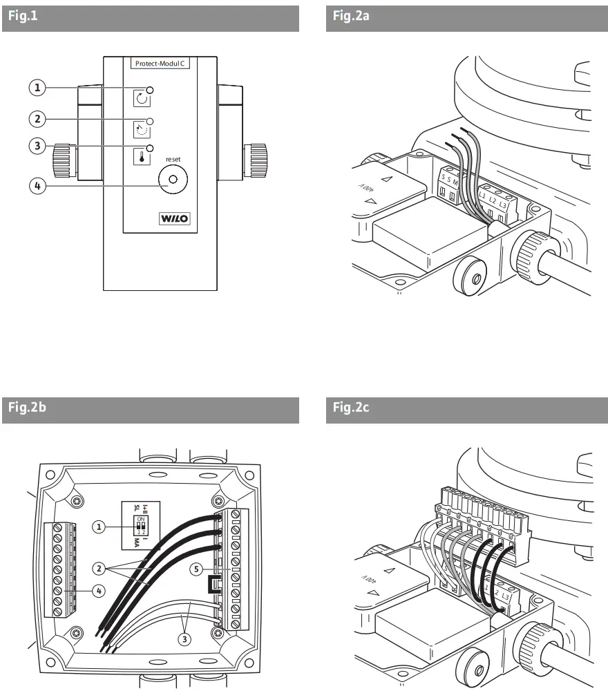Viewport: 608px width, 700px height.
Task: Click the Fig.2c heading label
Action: point(351,408)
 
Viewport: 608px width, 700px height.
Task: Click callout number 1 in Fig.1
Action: point(37,88)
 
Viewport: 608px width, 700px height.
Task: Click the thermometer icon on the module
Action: point(141,156)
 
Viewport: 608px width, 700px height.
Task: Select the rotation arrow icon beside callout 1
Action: point(141,97)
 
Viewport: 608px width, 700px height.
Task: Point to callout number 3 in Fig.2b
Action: point(184,638)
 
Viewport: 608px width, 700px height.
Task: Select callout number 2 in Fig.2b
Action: point(99,569)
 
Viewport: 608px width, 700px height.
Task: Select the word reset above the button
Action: point(173,158)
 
